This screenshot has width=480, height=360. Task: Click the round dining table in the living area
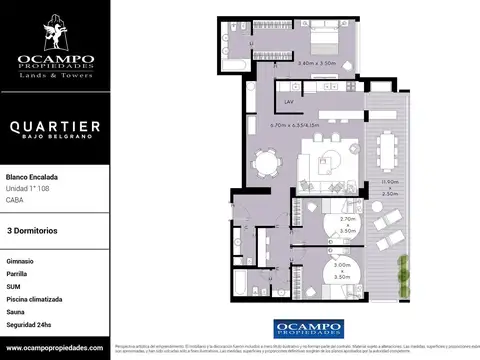(x=265, y=162)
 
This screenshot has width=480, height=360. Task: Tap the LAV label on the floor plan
(x=288, y=102)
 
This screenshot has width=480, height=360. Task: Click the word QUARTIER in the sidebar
(x=55, y=127)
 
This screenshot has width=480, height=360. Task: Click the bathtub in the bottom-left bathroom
(x=243, y=291)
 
